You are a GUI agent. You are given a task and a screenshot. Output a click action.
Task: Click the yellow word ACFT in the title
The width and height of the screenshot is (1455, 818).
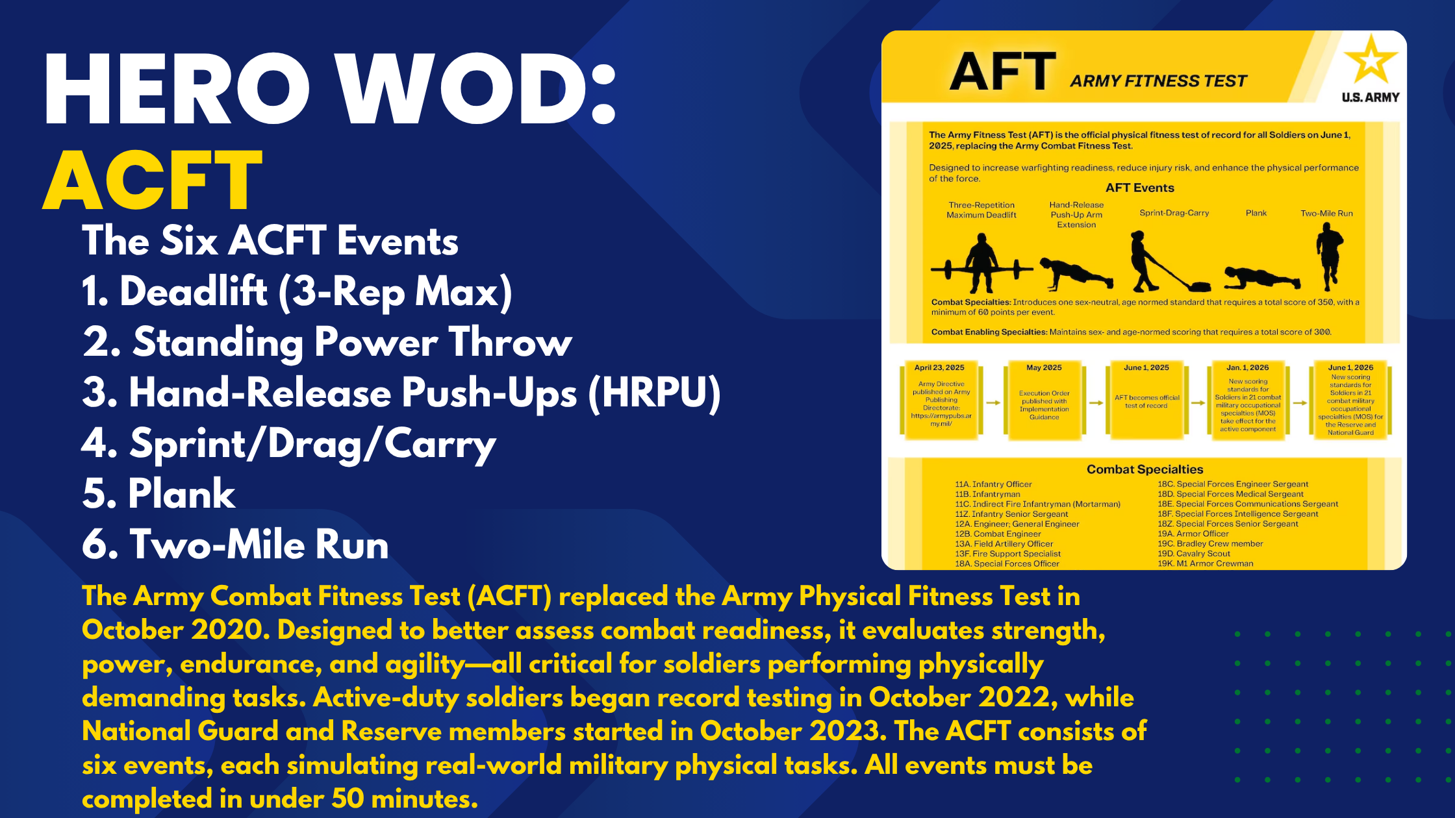coord(153,180)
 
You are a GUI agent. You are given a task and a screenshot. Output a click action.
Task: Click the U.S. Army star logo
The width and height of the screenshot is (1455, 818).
coord(1371,62)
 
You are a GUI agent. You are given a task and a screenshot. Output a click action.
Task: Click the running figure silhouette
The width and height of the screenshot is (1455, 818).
coord(1329,256)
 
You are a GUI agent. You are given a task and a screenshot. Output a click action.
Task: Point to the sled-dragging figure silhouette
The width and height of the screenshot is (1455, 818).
coord(1163,263)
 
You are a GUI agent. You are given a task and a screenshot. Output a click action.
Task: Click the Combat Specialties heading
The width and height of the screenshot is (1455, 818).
coord(1145,469)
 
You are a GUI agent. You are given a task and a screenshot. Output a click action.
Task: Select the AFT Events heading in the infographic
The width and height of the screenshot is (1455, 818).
coord(1140,188)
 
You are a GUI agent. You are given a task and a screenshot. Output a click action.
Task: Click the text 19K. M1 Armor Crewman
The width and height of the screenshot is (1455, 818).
coord(1205,564)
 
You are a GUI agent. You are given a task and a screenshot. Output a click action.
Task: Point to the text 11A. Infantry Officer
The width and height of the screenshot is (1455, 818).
coord(993,484)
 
